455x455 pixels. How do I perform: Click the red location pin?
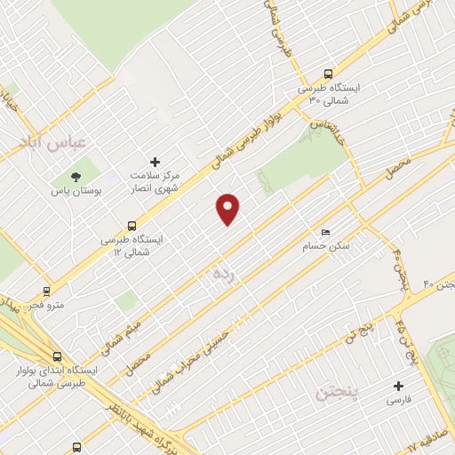[x=228, y=208]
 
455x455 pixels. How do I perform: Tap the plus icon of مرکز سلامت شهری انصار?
[x=156, y=162]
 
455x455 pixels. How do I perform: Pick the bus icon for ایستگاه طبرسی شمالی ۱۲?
[x=132, y=226]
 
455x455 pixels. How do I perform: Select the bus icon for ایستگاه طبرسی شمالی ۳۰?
[x=329, y=75]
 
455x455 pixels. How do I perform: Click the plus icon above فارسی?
[x=398, y=386]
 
